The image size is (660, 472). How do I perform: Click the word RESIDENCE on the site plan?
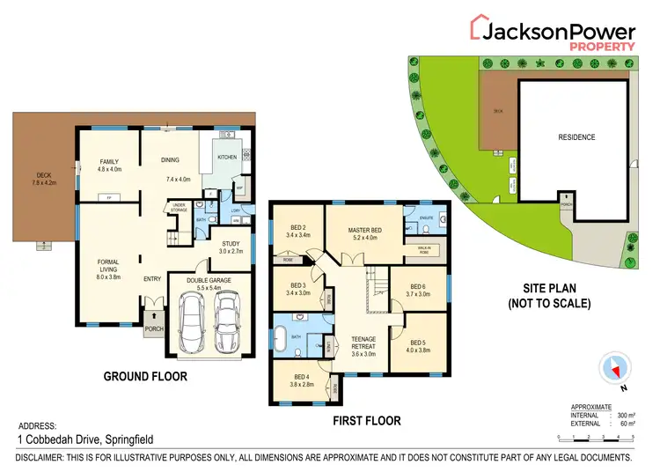tap(576, 137)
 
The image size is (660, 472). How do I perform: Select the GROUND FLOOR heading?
tap(145, 377)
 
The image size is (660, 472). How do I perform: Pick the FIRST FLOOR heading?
tap(366, 421)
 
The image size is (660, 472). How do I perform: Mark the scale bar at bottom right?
tap(594, 438)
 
